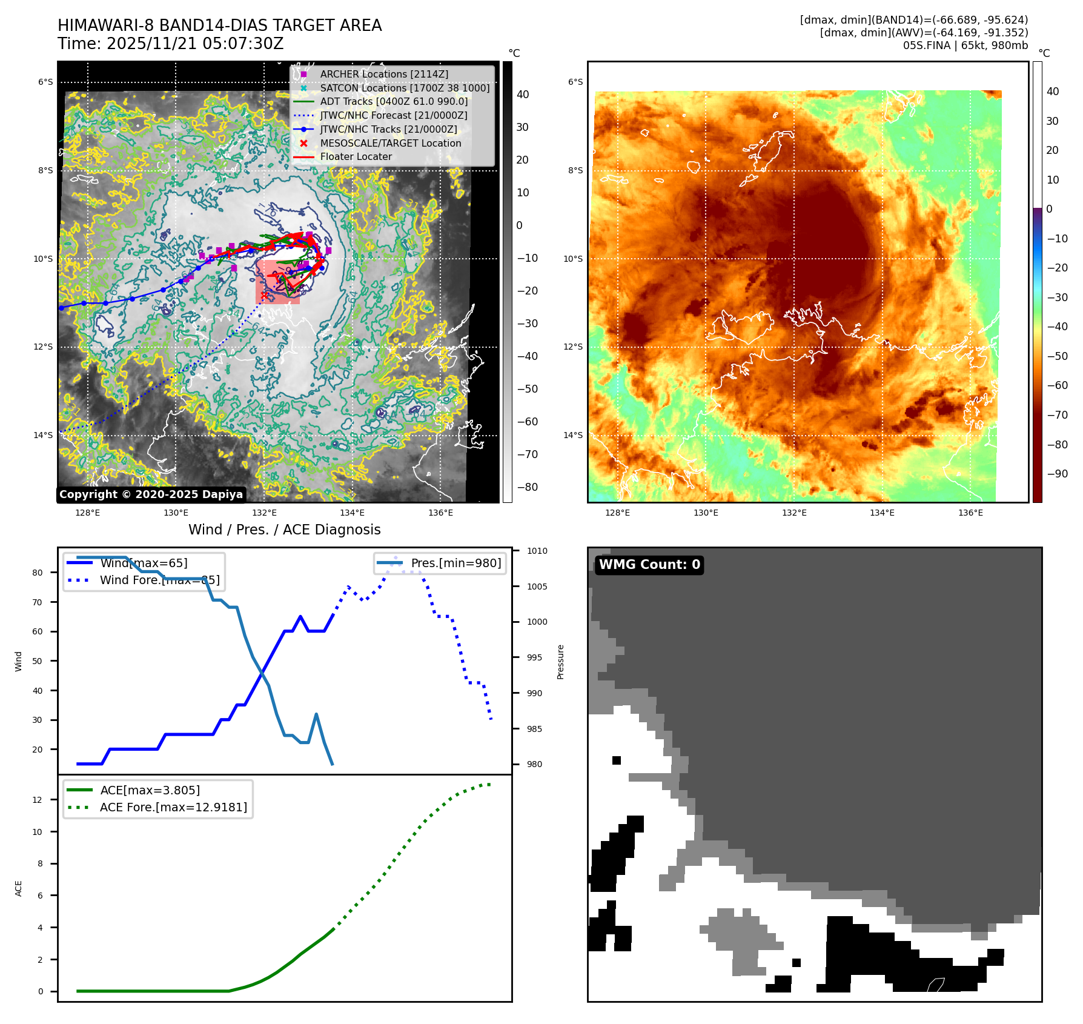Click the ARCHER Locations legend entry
(384, 74)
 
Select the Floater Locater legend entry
(356, 156)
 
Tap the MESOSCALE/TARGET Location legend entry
(390, 143)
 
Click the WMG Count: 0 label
(649, 565)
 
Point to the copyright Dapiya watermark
(151, 494)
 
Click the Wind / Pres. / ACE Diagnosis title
(285, 530)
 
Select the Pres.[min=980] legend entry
(455, 563)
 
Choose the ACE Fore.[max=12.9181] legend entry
(173, 807)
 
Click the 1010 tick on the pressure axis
(537, 551)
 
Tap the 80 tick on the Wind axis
(38, 573)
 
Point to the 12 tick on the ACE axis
(38, 800)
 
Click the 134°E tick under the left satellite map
(352, 513)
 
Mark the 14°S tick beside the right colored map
(573, 435)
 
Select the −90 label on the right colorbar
(1057, 474)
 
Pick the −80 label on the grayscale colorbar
(527, 487)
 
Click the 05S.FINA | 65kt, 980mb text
(965, 45)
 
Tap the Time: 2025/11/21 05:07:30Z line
(171, 44)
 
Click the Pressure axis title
(560, 662)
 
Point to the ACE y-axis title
(18, 888)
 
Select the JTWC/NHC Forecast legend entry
(393, 115)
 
